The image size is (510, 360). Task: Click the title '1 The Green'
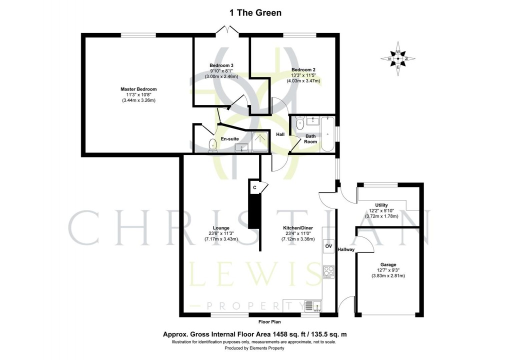point(255,13)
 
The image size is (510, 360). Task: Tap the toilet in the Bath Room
point(300,123)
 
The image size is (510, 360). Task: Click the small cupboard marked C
point(254,187)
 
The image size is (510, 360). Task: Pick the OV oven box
point(329,246)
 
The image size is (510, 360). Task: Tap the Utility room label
point(381,205)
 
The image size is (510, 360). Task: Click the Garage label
point(388,265)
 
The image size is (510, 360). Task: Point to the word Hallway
point(345,249)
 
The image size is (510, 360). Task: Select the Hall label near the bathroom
point(280,134)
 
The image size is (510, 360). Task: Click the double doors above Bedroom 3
point(227,30)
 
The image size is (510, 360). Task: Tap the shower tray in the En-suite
point(260,141)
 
